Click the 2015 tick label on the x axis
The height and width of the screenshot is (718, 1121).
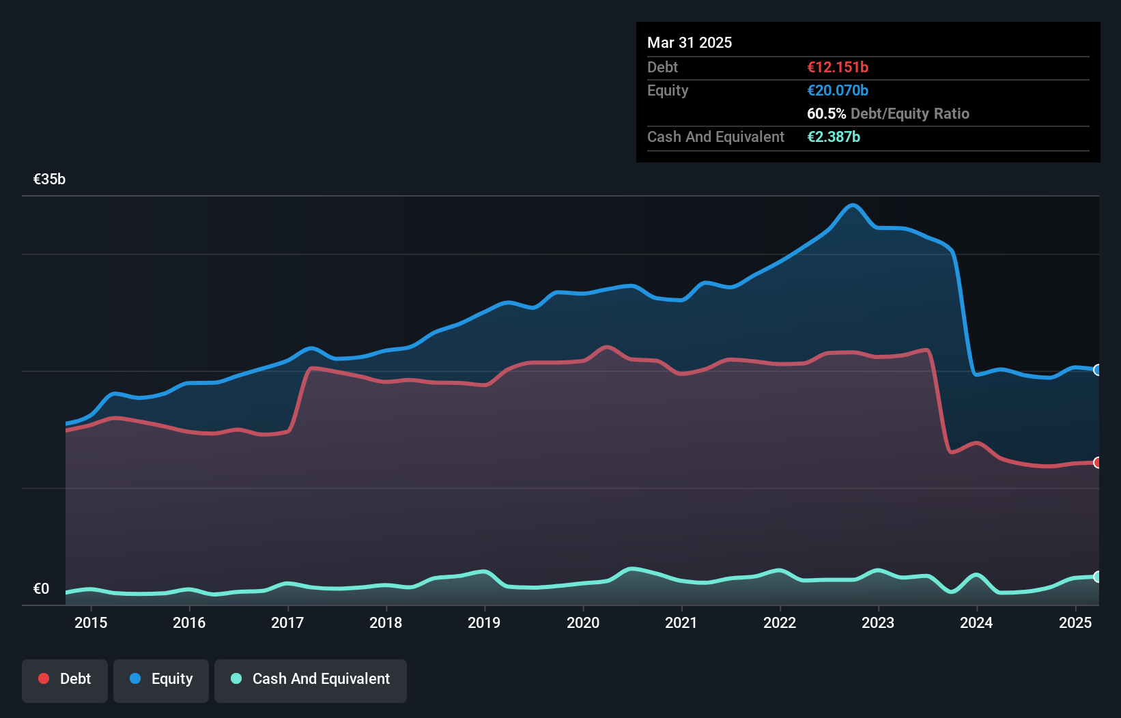[91, 622]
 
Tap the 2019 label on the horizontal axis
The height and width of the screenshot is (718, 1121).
[484, 622]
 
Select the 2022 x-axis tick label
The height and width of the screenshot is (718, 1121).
[780, 622]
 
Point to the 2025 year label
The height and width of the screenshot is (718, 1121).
[1075, 622]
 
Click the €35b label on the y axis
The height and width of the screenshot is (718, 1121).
[49, 179]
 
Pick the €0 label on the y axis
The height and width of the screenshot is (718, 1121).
[41, 589]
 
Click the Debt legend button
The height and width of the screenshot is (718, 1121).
[65, 679]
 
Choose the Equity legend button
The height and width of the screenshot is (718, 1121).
[161, 679]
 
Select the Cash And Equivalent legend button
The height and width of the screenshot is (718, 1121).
[311, 679]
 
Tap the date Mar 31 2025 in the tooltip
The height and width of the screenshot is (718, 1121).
[690, 42]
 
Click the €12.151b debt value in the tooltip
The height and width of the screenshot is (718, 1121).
[838, 67]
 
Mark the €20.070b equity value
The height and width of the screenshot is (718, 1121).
[838, 90]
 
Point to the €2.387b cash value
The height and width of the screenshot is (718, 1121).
[834, 137]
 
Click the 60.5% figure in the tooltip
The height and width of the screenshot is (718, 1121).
[826, 113]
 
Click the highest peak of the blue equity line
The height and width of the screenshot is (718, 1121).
[852, 205]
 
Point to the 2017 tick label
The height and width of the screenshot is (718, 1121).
[287, 622]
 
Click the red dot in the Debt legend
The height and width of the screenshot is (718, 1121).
[44, 678]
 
